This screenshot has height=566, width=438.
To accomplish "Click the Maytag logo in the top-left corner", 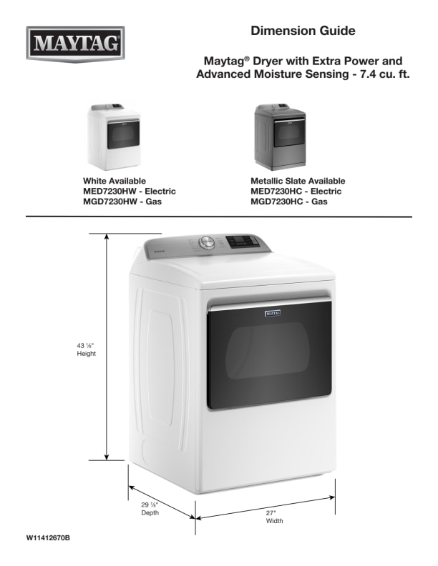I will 76,44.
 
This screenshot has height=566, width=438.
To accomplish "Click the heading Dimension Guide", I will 303,31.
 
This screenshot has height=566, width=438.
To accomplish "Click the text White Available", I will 115,181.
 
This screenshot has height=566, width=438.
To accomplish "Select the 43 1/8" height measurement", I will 86,346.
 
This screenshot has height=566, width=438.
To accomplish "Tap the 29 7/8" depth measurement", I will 150,505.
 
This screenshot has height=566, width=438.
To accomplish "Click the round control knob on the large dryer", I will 207,242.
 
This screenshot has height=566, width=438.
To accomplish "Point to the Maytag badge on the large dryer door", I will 273,312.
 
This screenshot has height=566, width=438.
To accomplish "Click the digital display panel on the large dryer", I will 240,242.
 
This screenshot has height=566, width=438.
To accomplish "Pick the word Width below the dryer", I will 274,521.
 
